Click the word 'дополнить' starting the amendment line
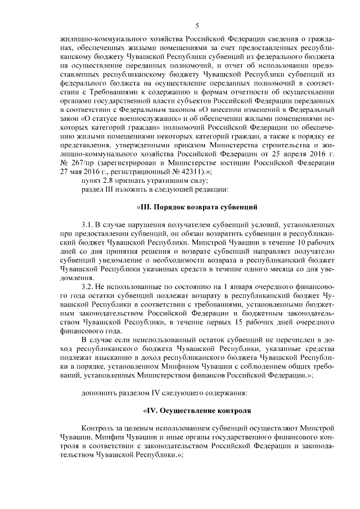coord(98,391)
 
